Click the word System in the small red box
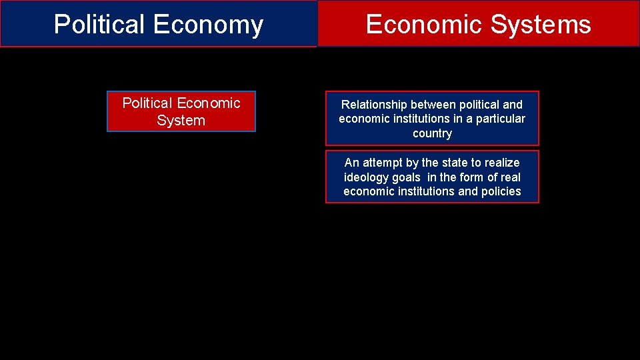pyautogui.click(x=181, y=121)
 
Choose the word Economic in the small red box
pyautogui.click(x=210, y=103)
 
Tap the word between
pyautogui.click(x=435, y=105)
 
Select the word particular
pyautogui.click(x=501, y=119)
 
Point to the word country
pyautogui.click(x=432, y=133)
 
